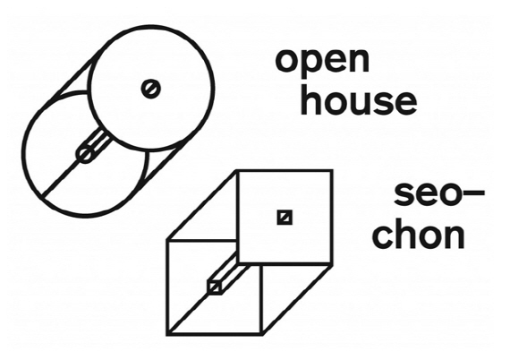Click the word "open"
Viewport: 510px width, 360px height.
point(322,63)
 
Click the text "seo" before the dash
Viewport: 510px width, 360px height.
point(427,194)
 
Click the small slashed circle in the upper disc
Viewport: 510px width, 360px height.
point(151,89)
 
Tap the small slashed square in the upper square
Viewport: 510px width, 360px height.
point(285,218)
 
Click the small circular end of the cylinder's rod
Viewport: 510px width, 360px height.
point(86,154)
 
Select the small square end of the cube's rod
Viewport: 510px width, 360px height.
point(215,287)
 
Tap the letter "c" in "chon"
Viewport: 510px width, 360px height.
point(383,236)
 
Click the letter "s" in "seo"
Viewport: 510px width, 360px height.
point(404,194)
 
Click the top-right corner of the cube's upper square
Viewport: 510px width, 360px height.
point(332,170)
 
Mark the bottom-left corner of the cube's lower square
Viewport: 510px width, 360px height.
point(167,334)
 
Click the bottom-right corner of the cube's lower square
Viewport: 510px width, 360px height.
point(261,334)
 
